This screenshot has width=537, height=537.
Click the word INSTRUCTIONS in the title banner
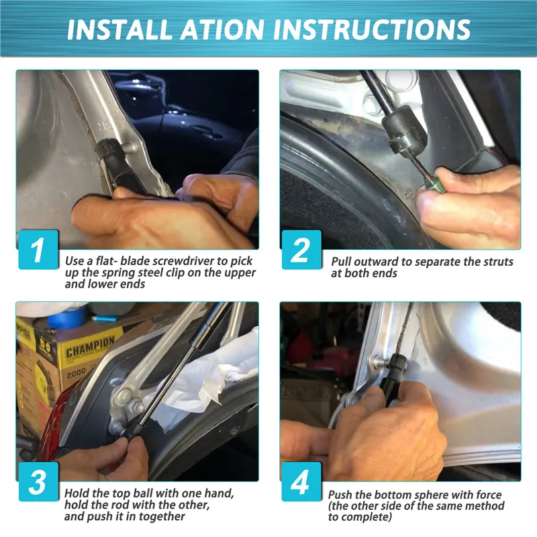[x=372, y=29]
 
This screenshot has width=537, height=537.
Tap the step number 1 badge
[x=38, y=249]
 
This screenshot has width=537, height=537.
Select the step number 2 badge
[x=301, y=249]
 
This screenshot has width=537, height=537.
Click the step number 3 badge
[x=38, y=481]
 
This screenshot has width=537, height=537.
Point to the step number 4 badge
[x=301, y=481]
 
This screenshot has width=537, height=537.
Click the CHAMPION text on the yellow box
[x=90, y=346]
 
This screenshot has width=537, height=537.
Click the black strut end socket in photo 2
[x=405, y=130]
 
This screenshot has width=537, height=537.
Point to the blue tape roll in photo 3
[x=66, y=316]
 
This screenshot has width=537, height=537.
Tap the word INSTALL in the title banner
[x=119, y=29]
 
